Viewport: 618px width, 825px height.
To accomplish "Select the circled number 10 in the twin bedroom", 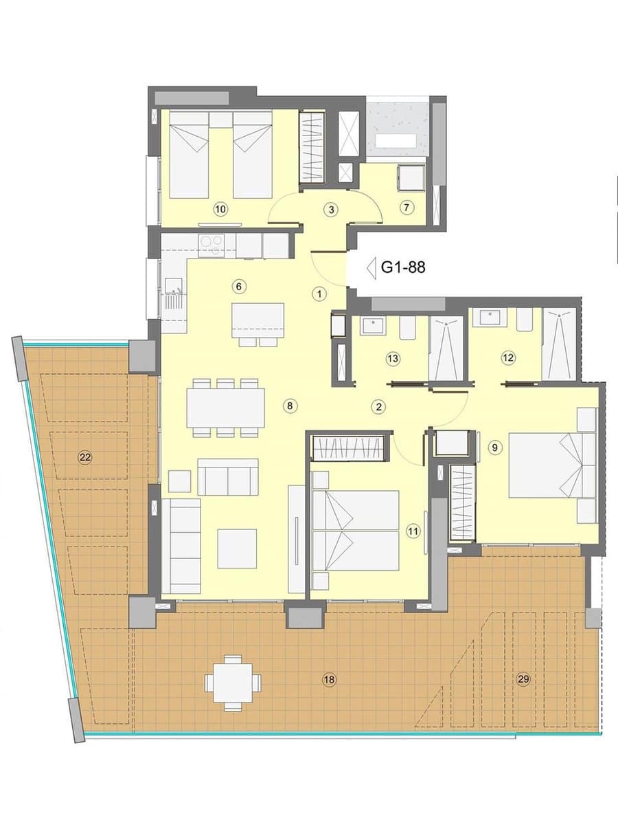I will click(x=220, y=209).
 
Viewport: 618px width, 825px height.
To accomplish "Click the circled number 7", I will click(x=407, y=206).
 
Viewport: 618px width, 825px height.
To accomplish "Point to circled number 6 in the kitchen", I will click(x=239, y=286).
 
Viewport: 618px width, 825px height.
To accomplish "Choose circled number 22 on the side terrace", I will click(x=85, y=456).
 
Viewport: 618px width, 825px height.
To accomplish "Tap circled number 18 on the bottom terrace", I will click(x=329, y=680).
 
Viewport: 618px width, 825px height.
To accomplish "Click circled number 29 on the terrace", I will click(x=524, y=680).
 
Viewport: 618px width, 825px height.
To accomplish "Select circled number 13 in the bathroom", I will click(x=393, y=358).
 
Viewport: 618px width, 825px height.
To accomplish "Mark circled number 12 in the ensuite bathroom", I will click(x=508, y=357).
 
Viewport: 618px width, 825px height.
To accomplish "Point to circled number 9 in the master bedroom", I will click(x=494, y=448).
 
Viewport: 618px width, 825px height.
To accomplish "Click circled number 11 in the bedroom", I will click(x=412, y=531).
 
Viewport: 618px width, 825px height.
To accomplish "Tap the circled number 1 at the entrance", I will click(x=319, y=294).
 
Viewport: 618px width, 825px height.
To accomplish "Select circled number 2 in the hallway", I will click(x=378, y=406).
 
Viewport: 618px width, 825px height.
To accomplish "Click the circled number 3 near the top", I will click(x=331, y=209).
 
